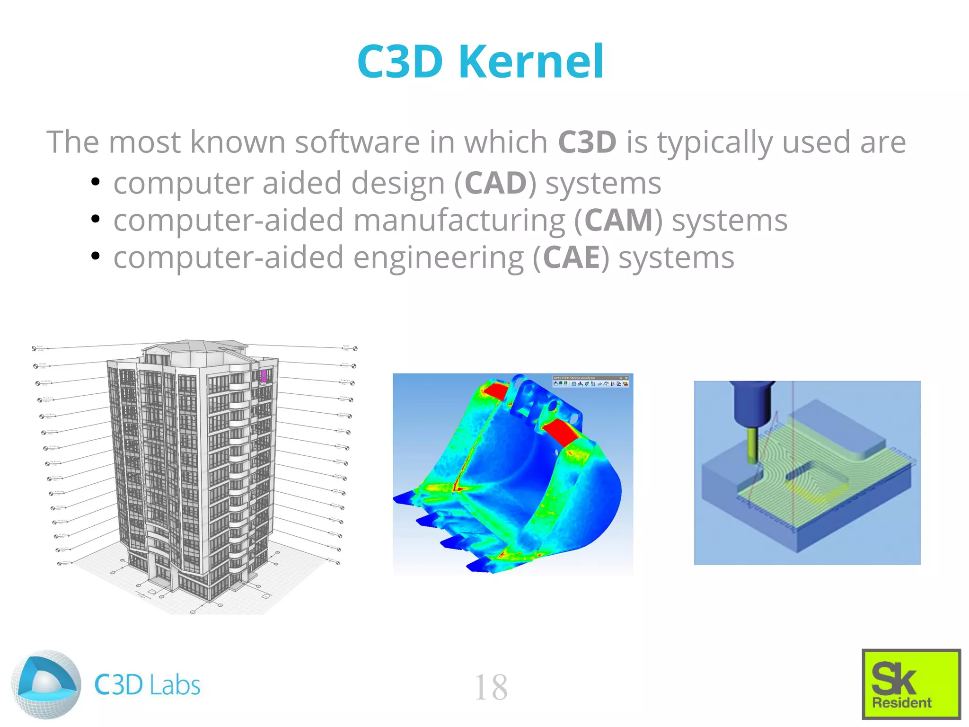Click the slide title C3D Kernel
480,62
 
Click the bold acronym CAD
495,183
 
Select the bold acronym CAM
618,221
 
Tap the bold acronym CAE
571,258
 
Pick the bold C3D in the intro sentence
587,142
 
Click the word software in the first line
357,142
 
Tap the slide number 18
491,687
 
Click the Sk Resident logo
911,684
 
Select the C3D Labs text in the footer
147,685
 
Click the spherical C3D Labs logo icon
46,684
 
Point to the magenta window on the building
264,376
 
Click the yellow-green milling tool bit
751,445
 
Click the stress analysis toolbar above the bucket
590,381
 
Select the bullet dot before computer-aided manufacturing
96,219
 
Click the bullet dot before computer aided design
96,182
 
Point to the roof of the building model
194,348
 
